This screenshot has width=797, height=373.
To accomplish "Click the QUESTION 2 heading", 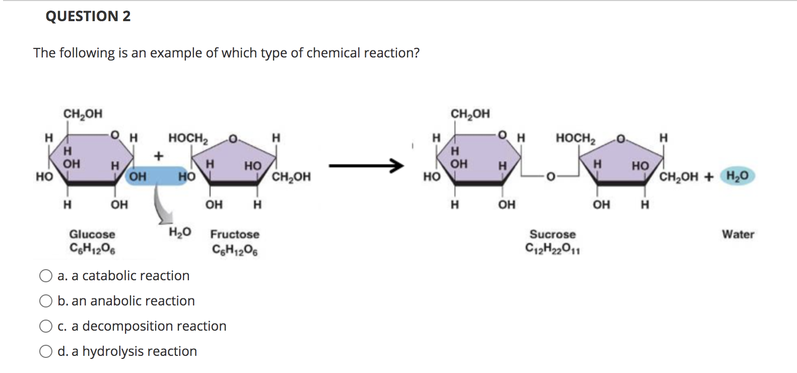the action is tap(88, 16).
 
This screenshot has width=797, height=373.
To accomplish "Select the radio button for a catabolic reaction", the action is tap(46, 276).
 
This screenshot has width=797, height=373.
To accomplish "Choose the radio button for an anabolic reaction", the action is tap(46, 301).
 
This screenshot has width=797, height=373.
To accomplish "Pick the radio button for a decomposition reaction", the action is tap(46, 326).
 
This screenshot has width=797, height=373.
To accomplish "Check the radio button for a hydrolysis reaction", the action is tap(46, 351).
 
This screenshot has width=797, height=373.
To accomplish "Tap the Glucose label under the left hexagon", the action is tap(92, 234).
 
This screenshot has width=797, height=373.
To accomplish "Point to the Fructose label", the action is tap(235, 234).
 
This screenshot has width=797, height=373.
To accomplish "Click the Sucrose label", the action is tap(552, 234).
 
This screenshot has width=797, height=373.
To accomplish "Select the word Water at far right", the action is tap(738, 234).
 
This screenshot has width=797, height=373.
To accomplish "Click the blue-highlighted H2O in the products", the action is tap(738, 176).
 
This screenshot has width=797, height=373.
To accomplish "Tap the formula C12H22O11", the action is tap(552, 248).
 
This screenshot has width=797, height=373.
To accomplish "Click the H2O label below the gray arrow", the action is tap(180, 232).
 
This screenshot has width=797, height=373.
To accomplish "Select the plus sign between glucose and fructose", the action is tap(159, 156).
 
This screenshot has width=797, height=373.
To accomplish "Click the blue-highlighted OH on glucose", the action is tap(138, 176).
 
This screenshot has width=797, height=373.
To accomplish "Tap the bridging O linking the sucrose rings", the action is tap(550, 177).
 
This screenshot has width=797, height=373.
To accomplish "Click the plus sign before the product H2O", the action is tap(709, 176).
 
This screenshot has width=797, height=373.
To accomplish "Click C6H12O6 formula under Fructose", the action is tap(235, 250).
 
